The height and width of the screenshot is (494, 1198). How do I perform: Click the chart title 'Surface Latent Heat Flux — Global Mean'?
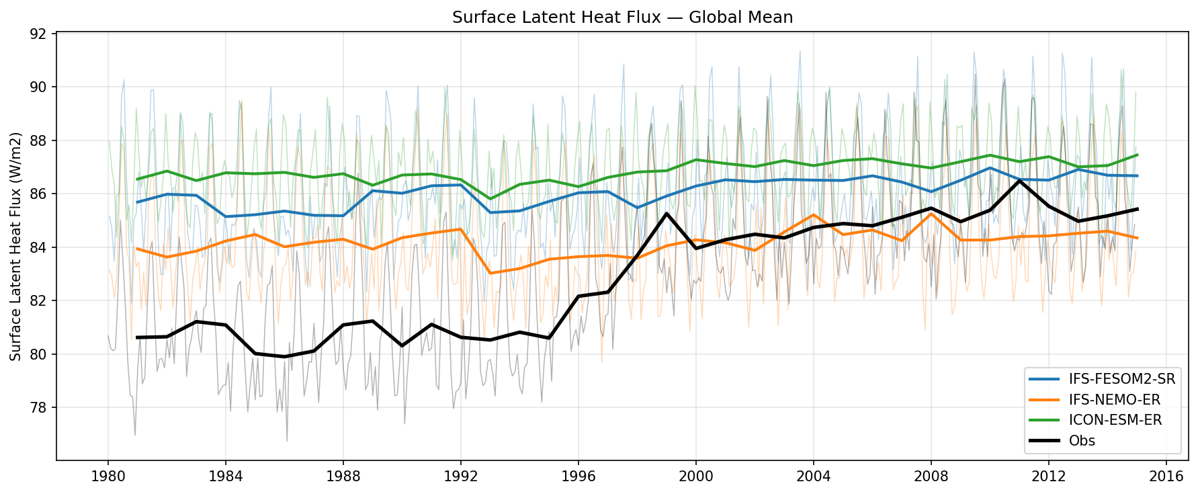pyautogui.click(x=622, y=17)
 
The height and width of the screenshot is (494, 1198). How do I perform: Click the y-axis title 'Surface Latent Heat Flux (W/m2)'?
pyautogui.click(x=16, y=246)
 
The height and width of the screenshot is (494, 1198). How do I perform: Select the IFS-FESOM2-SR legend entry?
pyautogui.click(x=1121, y=379)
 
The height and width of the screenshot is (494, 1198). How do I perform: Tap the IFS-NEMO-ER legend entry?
pyautogui.click(x=1114, y=400)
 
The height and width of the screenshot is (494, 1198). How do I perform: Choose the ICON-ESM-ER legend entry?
pyautogui.click(x=1115, y=420)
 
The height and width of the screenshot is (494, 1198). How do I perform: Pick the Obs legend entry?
pyautogui.click(x=1082, y=441)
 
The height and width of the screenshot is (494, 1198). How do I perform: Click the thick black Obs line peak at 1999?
pyautogui.click(x=666, y=214)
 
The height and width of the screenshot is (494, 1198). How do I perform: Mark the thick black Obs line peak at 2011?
pyautogui.click(x=1019, y=181)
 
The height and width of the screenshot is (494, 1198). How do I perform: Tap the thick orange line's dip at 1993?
pyautogui.click(x=490, y=273)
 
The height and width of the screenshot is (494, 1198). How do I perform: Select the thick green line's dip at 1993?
pyautogui.click(x=490, y=199)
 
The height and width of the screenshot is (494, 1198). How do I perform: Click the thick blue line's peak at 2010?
pyautogui.click(x=990, y=168)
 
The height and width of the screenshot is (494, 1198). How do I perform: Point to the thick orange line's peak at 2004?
pyautogui.click(x=813, y=215)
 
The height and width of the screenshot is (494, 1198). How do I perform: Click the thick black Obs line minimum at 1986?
pyautogui.click(x=284, y=357)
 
